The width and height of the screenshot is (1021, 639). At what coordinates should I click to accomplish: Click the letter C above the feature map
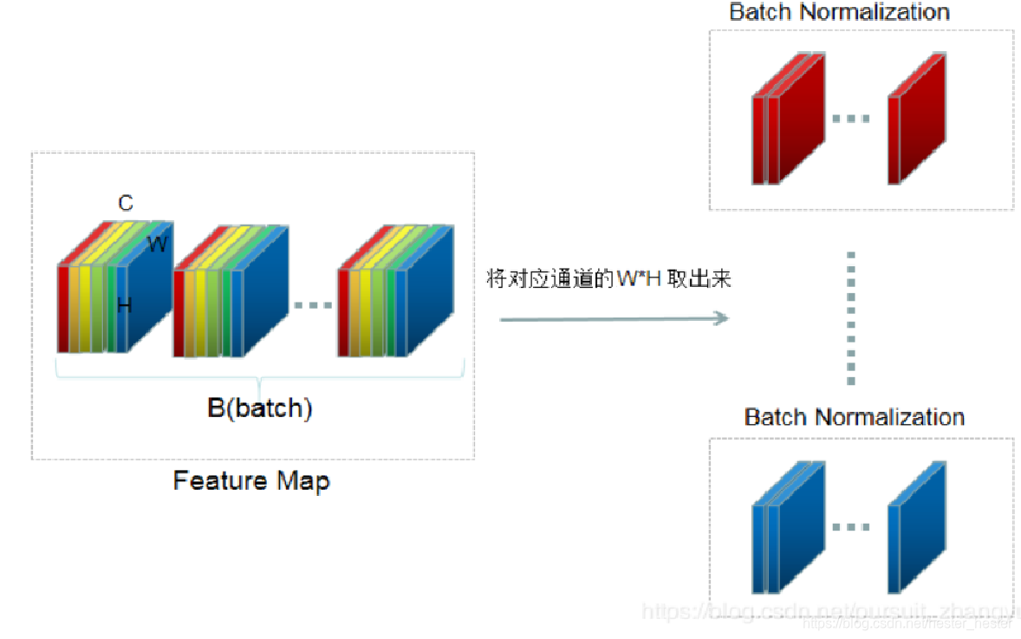126,203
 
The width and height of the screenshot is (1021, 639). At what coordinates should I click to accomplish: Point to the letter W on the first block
157,245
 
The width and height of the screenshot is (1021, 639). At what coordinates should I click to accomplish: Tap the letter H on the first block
125,305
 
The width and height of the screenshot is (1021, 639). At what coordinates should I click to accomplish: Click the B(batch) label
259,408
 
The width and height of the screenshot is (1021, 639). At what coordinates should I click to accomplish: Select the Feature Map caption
251,479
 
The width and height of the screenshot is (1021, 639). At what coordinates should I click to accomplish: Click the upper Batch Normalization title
839,12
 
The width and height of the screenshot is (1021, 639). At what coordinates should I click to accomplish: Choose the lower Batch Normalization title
854,417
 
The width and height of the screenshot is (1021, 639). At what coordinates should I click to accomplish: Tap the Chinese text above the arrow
609,280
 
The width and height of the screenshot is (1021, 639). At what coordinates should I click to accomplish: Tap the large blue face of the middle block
264,299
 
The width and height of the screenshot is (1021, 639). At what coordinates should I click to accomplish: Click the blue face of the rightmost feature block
429,299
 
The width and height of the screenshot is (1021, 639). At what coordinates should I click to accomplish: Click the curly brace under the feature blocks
259,378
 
